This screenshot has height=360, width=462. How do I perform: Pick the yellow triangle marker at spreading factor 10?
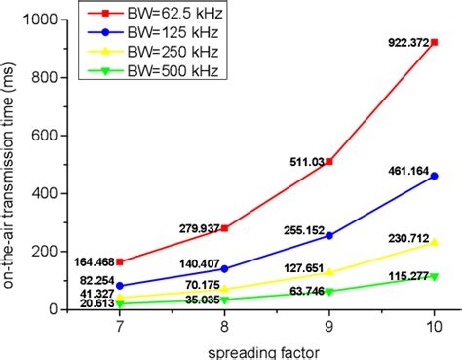(434, 243)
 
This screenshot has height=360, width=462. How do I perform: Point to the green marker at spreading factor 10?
(434, 276)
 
